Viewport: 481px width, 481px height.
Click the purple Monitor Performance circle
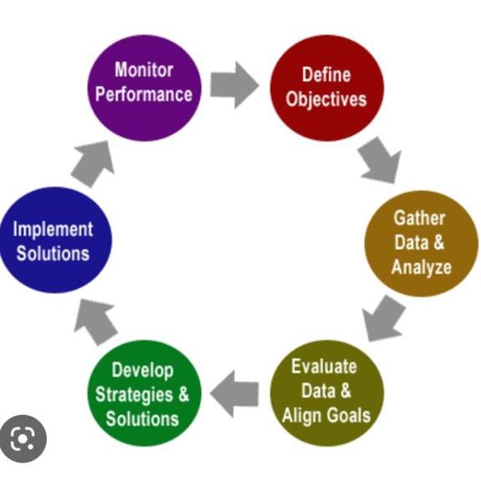144,88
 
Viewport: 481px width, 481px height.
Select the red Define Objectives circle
327,88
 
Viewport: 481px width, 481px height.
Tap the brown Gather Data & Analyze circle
421,244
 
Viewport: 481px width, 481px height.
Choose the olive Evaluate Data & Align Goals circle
327,393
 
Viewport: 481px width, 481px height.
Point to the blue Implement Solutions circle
55,240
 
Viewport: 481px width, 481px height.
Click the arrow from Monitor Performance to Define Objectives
235,85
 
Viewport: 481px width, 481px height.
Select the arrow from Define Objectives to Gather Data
381,160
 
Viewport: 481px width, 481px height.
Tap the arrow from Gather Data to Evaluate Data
383,318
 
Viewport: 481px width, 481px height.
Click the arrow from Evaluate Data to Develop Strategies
235,394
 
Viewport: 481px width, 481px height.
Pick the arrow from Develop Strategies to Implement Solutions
95,322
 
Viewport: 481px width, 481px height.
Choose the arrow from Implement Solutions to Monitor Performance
94,164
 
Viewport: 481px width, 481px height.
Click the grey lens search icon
23,438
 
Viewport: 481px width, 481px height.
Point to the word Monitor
144,69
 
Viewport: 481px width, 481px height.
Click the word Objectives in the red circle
327,99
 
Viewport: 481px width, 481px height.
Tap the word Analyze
422,267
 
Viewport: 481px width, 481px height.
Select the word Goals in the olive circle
348,415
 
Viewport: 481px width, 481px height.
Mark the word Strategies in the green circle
134,395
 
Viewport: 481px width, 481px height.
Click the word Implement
53,230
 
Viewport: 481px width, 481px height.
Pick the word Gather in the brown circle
419,218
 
